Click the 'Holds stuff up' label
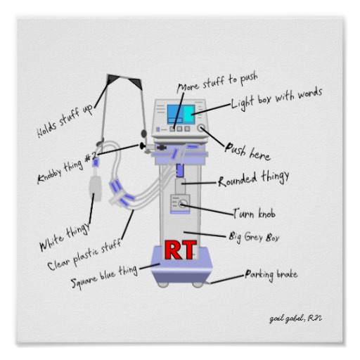coord(65,122)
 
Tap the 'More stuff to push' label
coord(217,83)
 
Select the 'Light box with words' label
coord(276,98)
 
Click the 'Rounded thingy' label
coord(254,179)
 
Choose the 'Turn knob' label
coord(255,213)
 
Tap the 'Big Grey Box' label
coord(254,237)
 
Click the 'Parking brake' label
coord(271,275)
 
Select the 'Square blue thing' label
coord(104,276)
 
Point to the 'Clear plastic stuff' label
coord(84,255)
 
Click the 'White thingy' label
coord(65,237)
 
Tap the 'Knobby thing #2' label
coord(67,167)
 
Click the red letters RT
coord(180,250)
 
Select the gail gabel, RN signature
coord(295,319)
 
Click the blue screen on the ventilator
coord(181,115)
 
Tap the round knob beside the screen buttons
coord(201,128)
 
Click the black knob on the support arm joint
coord(142,146)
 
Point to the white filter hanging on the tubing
coord(96,188)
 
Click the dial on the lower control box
coord(183,204)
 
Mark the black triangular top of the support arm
coord(124,81)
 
